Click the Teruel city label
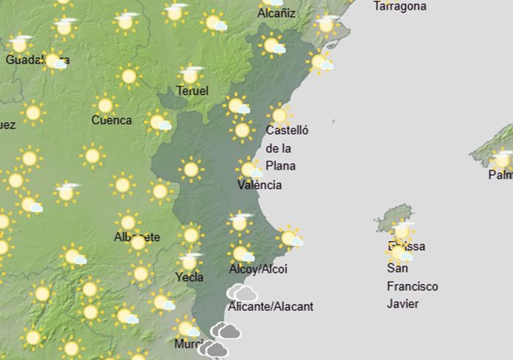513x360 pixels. [x=192, y=91]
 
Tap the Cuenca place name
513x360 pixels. [x=112, y=120]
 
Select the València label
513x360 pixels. [x=259, y=185]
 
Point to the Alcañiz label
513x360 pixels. [x=276, y=13]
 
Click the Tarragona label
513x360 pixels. [x=400, y=6]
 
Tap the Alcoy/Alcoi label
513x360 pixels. [x=259, y=269]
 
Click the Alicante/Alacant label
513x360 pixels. [x=271, y=306]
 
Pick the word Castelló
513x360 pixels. [x=287, y=131]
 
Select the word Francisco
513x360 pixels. [x=413, y=286]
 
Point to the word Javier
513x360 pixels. [x=403, y=303]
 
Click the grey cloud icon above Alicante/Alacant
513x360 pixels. [x=242, y=292]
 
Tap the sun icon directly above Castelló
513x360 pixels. [x=280, y=115]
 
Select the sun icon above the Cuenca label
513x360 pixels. [x=105, y=105]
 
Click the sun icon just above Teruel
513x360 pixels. [x=190, y=75]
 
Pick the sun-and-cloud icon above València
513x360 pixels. [x=250, y=169]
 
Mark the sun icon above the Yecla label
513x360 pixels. [x=190, y=261]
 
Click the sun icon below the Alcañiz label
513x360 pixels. [x=272, y=46]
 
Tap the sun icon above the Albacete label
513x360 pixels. [x=128, y=222]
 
